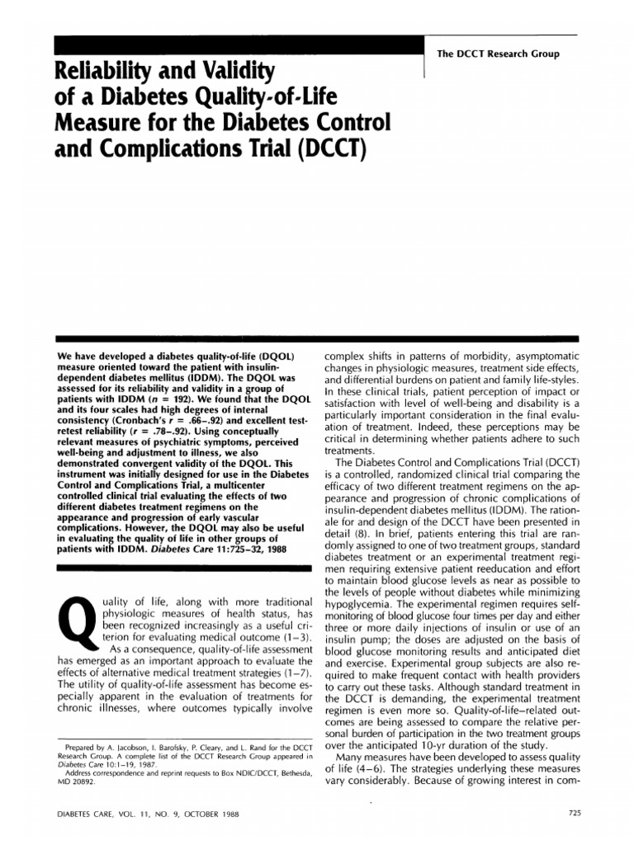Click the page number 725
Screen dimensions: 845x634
tap(576, 813)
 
